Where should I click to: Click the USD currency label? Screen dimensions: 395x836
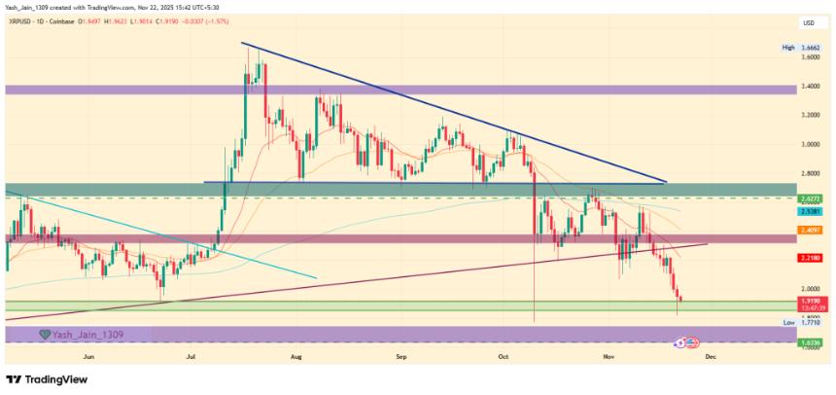coord(807,22)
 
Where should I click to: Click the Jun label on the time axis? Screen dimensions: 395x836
coord(89,357)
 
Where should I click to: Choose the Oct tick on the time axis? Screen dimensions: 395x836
coord(503,357)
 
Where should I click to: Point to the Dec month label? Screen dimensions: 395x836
coord(710,357)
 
